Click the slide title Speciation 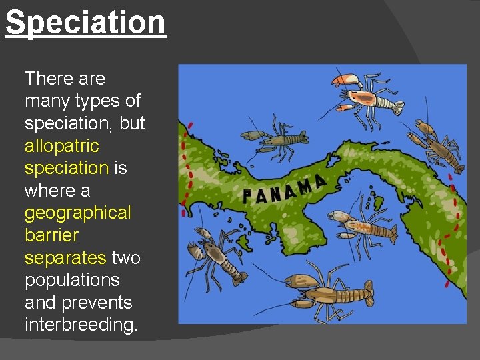click(x=85, y=22)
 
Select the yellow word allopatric click(x=61, y=145)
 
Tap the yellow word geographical click(x=77, y=213)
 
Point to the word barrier click(x=51, y=235)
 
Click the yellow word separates click(x=65, y=257)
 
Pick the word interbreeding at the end click(x=81, y=325)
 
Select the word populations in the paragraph click(x=72, y=280)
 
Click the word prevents click(x=97, y=303)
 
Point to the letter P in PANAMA click(x=247, y=197)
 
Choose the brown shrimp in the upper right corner click(x=440, y=147)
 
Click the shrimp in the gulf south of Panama click(x=363, y=227)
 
